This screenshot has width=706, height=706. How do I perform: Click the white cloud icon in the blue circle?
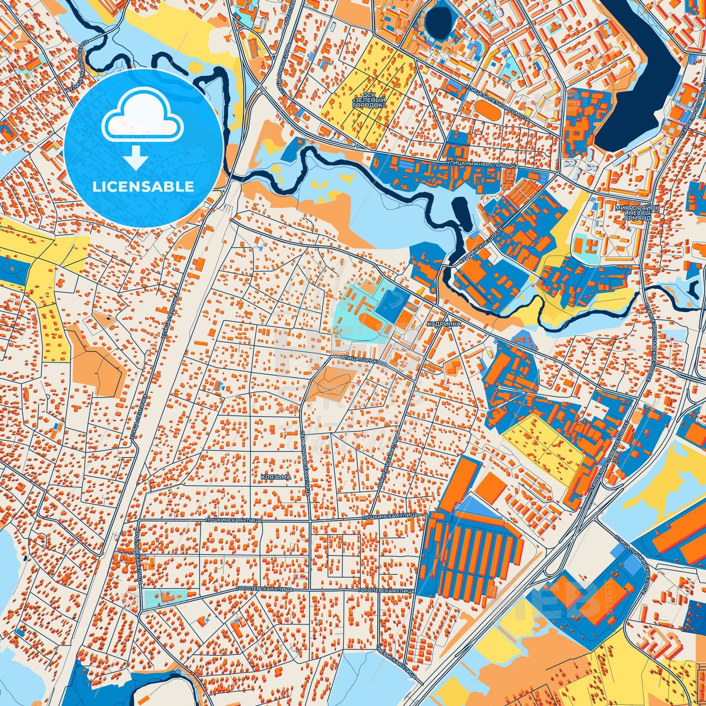click(x=142, y=117)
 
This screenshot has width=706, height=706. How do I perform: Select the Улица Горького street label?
click(x=364, y=361)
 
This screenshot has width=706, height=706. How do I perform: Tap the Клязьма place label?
click(x=276, y=477)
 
